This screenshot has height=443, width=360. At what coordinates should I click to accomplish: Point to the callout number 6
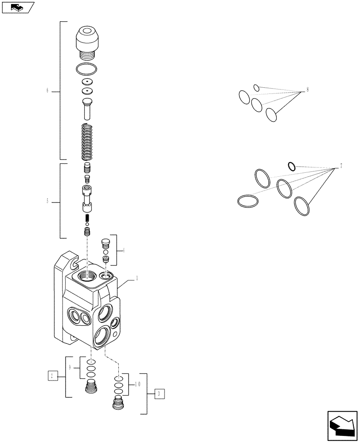click(47, 91)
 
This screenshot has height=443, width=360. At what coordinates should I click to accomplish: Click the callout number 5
click(47, 202)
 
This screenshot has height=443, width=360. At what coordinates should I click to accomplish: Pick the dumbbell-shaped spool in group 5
click(87, 198)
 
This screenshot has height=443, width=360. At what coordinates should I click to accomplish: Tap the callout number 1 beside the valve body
click(137, 279)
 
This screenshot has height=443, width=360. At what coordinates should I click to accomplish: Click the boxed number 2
click(53, 376)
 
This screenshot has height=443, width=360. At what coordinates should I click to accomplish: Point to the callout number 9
click(70, 367)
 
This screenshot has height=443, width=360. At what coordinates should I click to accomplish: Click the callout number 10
click(137, 384)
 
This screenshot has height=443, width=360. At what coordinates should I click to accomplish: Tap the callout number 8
click(307, 90)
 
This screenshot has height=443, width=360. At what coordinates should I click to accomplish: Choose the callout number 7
click(341, 166)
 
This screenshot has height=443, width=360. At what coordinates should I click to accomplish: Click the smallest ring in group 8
click(256, 88)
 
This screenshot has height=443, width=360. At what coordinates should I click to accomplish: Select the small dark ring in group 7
click(291, 166)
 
